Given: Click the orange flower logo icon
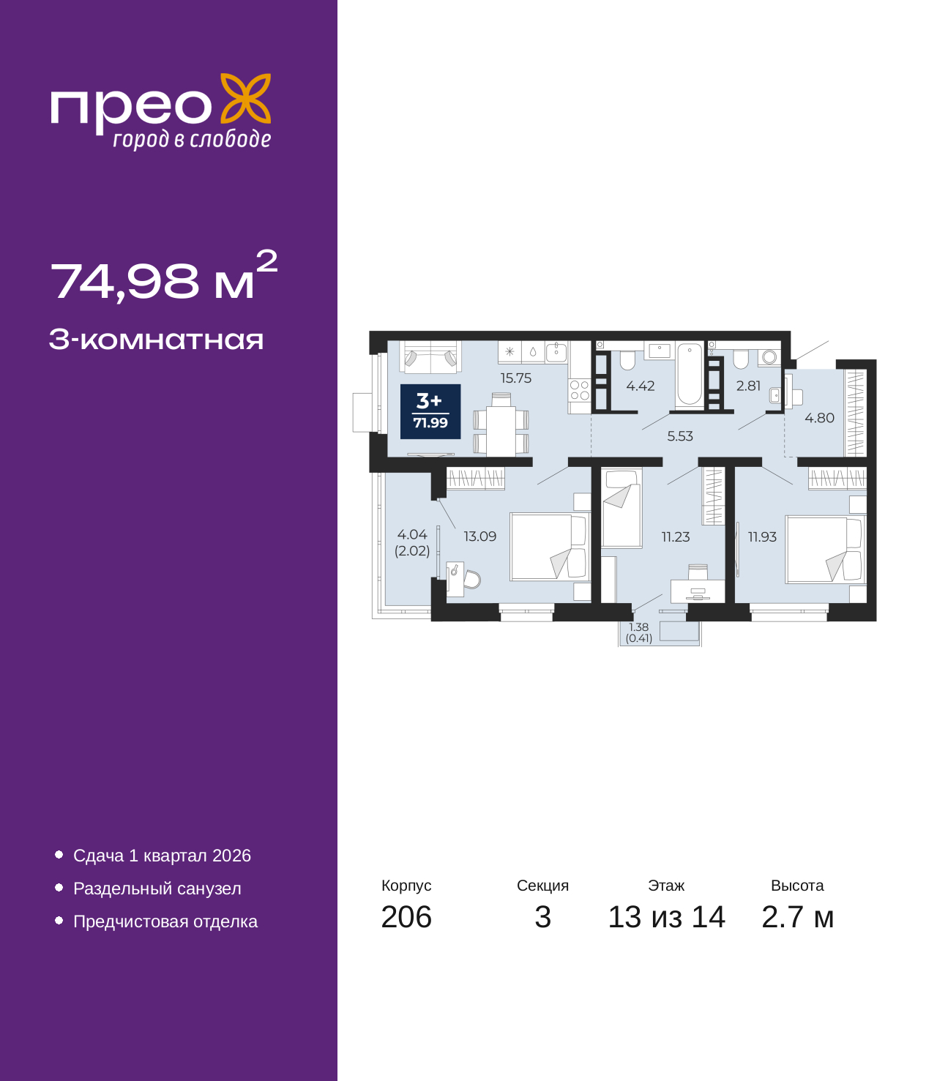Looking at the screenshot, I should pos(246,98).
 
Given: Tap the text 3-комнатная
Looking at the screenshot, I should pos(156,340).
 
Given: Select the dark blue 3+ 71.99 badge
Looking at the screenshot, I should pos(430,411).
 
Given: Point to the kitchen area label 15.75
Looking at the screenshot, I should pos(516,378).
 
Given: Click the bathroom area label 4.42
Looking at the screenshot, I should pos(641,386).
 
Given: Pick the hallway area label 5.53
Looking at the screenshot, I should pos(680,436).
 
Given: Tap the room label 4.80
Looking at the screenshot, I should pos(819,418).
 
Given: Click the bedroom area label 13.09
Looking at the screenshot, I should pos(480,536).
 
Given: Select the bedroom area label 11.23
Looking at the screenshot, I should pos(676,537).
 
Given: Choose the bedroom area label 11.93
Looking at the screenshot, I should pos(762,537).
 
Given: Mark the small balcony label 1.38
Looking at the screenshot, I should pos(639,627).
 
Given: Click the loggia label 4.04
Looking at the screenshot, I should pos(412,535).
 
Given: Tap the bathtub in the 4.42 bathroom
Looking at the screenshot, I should pos(690,374).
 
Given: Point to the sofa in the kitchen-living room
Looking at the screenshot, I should pos(430,357).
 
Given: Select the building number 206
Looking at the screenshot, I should pos(406,917).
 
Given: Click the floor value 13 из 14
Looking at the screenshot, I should pos(666,917).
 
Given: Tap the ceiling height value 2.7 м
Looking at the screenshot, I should pos(797,917).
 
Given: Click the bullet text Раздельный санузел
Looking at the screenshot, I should pos(157,889).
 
